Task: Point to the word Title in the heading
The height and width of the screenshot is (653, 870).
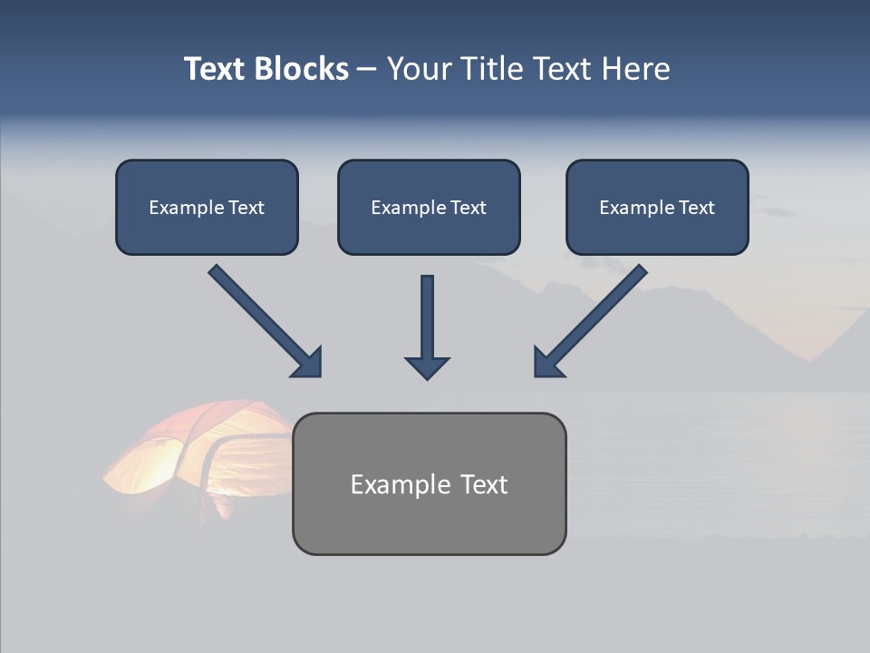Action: (494, 69)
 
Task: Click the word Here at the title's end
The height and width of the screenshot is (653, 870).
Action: (636, 69)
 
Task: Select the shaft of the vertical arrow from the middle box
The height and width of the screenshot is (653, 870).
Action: (427, 313)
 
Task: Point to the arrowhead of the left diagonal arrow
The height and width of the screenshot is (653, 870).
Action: (308, 363)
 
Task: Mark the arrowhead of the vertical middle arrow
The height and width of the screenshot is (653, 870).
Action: (427, 367)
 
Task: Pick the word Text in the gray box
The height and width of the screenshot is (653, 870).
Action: (484, 485)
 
